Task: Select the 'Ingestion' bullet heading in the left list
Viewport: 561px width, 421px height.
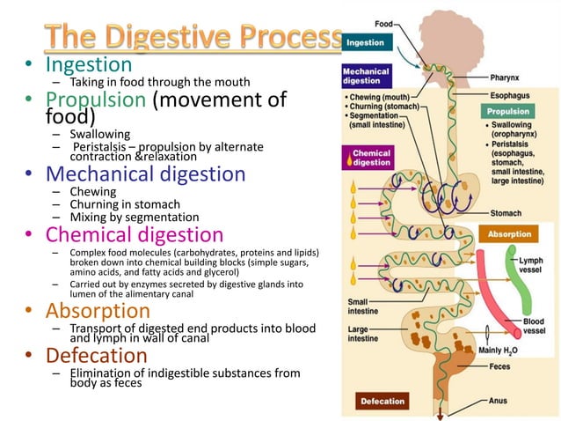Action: click(x=88, y=64)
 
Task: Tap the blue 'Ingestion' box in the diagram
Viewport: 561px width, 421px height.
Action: click(x=365, y=42)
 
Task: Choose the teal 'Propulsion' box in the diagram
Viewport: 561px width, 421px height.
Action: click(x=508, y=112)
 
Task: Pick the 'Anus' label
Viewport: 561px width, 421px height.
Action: click(x=498, y=401)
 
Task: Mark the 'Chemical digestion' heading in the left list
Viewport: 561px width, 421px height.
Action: click(x=134, y=234)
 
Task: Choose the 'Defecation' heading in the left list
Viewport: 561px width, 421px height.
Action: click(x=96, y=355)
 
